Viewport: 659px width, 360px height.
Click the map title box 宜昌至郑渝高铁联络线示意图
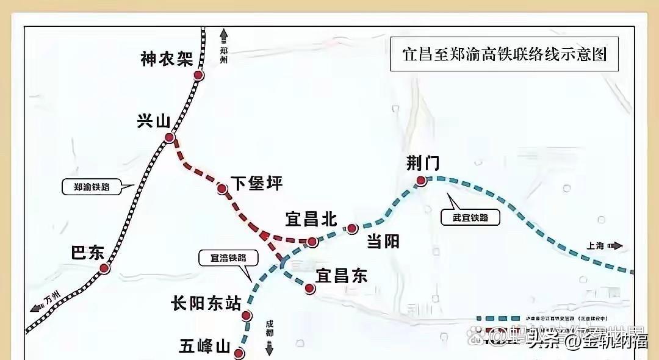[504, 54]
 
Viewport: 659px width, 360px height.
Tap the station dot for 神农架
[198, 76]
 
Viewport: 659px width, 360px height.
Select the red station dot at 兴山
[169, 138]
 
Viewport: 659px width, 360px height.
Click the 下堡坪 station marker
[223, 189]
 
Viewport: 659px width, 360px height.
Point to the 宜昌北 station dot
[312, 242]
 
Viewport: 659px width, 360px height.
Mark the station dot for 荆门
[421, 180]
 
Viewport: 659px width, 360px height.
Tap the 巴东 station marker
[104, 268]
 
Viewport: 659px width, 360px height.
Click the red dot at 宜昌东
[311, 289]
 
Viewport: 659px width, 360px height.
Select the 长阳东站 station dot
[247, 315]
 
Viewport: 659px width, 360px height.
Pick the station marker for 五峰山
[239, 353]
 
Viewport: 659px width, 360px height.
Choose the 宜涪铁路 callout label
[223, 258]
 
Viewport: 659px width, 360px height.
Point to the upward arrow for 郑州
[224, 35]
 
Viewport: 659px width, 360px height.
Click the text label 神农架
[166, 59]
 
